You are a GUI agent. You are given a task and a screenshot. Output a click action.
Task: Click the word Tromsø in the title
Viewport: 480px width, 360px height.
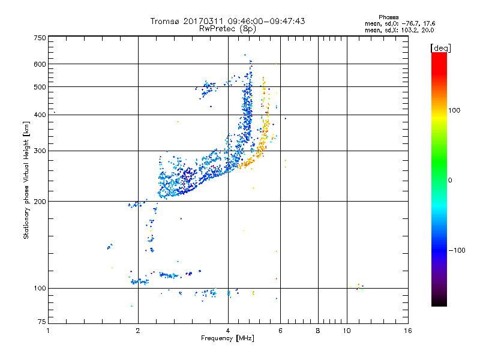pyautogui.click(x=167, y=21)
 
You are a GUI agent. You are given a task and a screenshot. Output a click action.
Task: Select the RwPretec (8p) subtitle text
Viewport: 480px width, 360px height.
pyautogui.click(x=227, y=28)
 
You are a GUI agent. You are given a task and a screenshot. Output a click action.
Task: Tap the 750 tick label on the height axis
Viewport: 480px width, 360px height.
pyautogui.click(x=40, y=37)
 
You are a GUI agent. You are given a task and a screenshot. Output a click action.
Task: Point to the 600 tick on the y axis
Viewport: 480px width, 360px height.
pyautogui.click(x=40, y=64)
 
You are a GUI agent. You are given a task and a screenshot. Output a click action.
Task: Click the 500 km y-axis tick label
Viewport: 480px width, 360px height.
pyautogui.click(x=40, y=87)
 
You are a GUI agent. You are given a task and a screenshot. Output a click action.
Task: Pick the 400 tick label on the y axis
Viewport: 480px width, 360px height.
pyautogui.click(x=40, y=115)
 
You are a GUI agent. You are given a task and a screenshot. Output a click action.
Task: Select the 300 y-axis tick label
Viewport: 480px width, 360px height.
pyautogui.click(x=40, y=151)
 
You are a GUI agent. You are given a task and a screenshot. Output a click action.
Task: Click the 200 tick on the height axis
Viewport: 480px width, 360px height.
pyautogui.click(x=40, y=202)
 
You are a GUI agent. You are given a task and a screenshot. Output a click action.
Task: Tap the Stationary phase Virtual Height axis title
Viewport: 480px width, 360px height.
pyautogui.click(x=26, y=179)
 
